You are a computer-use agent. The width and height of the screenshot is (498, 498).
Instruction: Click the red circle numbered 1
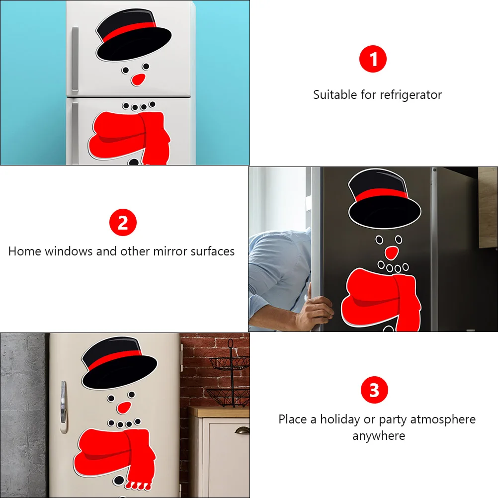pos(373,59)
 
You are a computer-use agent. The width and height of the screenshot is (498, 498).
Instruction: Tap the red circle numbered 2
pos(123,223)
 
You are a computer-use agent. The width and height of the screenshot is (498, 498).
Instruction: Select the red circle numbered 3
pos(374,390)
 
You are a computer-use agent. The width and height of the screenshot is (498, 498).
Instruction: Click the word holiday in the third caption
pos(340,419)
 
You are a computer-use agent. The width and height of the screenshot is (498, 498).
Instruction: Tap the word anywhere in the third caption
pos(379,436)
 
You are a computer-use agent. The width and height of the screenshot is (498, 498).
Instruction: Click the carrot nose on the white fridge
pos(138,79)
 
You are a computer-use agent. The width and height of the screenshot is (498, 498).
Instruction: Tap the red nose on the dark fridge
pos(392,252)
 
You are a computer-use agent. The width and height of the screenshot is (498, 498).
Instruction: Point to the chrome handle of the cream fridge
pos(63,407)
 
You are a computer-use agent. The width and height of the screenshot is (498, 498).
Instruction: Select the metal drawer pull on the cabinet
pos(242,431)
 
